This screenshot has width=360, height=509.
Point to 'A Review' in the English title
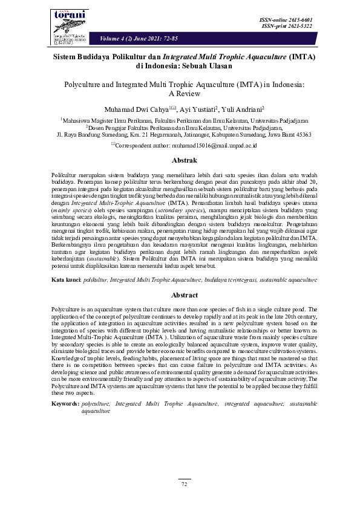pyautogui.click(x=180, y=94)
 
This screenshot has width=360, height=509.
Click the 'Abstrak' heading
pyautogui.click(x=180, y=161)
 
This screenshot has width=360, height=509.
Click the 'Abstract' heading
pyautogui.click(x=180, y=295)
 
